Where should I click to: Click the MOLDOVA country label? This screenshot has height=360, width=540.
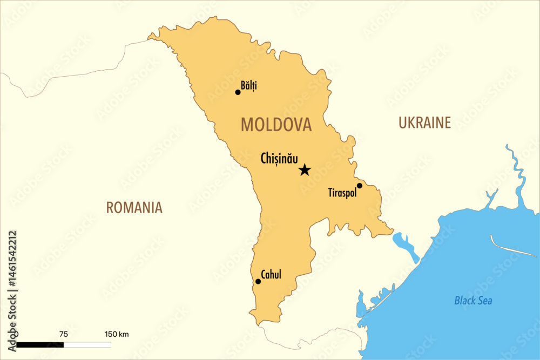(276, 125)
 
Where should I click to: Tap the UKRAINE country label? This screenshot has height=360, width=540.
(424, 123)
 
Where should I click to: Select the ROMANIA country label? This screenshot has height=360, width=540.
(134, 208)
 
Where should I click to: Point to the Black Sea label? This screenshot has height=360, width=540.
(473, 301)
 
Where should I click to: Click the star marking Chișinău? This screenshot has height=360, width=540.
(305, 170)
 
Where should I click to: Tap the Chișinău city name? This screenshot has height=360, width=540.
(279, 159)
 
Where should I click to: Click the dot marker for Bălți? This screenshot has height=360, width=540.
(238, 92)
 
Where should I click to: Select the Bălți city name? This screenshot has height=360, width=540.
(249, 85)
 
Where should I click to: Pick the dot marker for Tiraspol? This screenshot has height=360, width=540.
(360, 186)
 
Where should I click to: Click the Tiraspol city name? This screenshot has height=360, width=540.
(342, 193)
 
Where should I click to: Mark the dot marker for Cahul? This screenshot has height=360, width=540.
(258, 281)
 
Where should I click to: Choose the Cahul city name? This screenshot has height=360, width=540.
(271, 275)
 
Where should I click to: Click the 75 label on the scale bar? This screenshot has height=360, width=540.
(63, 334)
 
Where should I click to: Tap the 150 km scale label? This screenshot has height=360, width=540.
(116, 334)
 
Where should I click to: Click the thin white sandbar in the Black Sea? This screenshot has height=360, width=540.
(505, 246)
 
